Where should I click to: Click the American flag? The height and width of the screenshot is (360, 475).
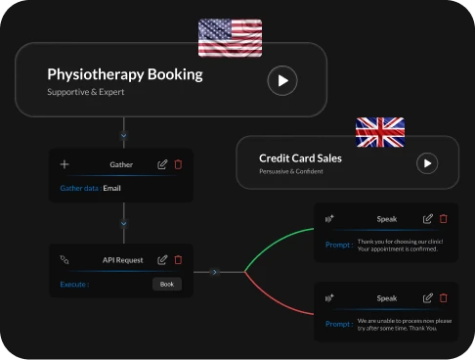click(230, 38)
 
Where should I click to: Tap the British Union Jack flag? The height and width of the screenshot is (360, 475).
click(380, 132)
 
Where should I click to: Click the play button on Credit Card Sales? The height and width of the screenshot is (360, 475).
click(427, 163)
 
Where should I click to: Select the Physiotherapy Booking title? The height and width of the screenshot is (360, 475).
click(125, 74)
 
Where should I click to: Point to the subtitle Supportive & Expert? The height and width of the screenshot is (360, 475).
click(86, 92)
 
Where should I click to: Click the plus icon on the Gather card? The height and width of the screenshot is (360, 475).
click(65, 164)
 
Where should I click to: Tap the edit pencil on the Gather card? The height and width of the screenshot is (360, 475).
click(162, 164)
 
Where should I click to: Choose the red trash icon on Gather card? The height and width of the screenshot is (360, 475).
click(178, 164)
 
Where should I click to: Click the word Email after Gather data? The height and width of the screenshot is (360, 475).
click(111, 188)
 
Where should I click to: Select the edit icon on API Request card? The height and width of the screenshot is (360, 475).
click(162, 260)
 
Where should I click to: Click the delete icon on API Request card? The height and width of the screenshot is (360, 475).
click(178, 260)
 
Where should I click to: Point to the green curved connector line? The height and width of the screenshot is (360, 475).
click(273, 243)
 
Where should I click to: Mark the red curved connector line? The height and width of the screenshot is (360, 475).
click(273, 300)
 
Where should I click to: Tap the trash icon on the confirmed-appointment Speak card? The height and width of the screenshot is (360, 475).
click(444, 218)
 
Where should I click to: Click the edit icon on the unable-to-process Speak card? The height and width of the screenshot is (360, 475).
click(428, 298)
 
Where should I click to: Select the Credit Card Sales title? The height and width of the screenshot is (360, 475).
click(300, 158)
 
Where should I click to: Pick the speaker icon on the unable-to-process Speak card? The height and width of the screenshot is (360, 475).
click(329, 298)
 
